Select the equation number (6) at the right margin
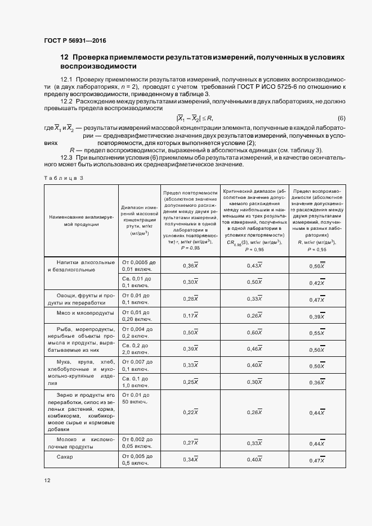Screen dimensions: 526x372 (341, 117)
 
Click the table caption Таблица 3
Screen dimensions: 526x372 (63, 178)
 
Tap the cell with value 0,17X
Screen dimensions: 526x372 (191, 316)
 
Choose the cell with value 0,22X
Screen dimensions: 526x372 (191, 412)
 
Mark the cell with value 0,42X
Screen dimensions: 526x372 (318, 283)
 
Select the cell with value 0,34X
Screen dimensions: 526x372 (191, 460)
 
